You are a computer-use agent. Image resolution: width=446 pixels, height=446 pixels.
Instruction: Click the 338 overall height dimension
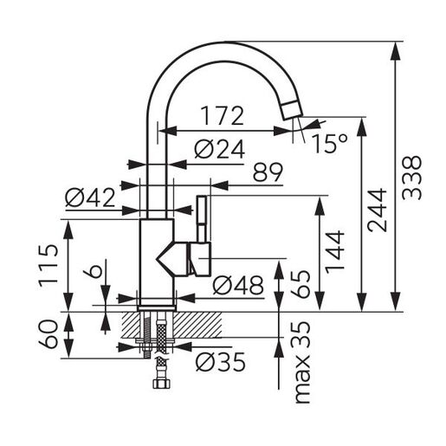[x=412, y=178]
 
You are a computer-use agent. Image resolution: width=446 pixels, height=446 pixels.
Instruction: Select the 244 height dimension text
[x=377, y=210]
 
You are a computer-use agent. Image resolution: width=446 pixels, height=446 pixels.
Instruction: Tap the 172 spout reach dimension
[x=223, y=116]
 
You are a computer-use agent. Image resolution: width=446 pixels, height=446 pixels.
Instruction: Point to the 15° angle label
[x=330, y=144]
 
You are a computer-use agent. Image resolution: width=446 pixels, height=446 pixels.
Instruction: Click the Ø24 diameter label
[x=219, y=149]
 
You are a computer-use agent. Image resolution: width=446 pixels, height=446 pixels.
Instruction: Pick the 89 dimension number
[x=268, y=172]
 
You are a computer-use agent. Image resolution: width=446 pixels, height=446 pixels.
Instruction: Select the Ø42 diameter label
[x=90, y=197]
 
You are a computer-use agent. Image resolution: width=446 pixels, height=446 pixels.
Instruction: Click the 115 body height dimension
[x=48, y=265]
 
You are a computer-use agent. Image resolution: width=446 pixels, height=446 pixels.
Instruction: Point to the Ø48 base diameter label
[x=238, y=285]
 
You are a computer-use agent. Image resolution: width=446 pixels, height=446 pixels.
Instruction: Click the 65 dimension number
[x=301, y=284]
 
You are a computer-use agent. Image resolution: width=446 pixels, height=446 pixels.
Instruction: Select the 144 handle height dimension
[x=335, y=252]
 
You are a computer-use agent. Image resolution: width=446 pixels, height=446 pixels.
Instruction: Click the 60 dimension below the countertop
[x=48, y=334]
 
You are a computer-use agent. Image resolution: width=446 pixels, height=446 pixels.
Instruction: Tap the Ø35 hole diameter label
[x=220, y=362]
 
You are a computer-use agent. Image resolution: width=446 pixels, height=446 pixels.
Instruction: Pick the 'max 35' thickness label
[x=301, y=362]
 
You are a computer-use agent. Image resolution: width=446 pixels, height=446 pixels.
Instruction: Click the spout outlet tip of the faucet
[x=292, y=111]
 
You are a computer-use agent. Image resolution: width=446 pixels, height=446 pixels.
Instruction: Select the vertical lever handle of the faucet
[x=202, y=219]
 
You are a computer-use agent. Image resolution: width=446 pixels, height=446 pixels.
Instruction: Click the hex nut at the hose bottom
[x=161, y=385]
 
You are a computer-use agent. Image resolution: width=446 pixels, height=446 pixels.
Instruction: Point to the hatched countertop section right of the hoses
[x=197, y=325]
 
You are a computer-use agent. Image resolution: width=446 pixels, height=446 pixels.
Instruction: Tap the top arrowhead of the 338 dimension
[x=395, y=51]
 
